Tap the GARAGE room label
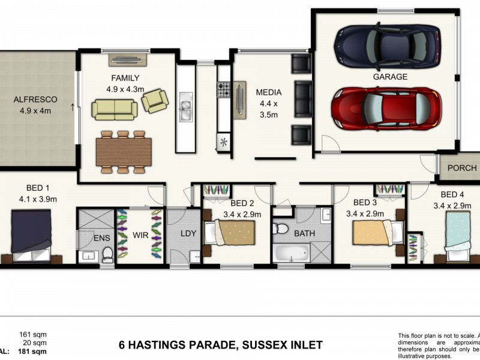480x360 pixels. point(390,77)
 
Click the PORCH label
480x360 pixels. point(462,169)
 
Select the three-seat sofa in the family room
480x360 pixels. point(114,109)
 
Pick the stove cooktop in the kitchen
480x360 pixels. point(224,90)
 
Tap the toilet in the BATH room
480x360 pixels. point(281,229)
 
